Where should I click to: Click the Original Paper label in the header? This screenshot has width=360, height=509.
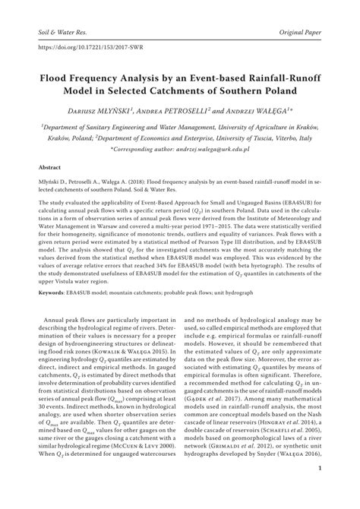(298, 14)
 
